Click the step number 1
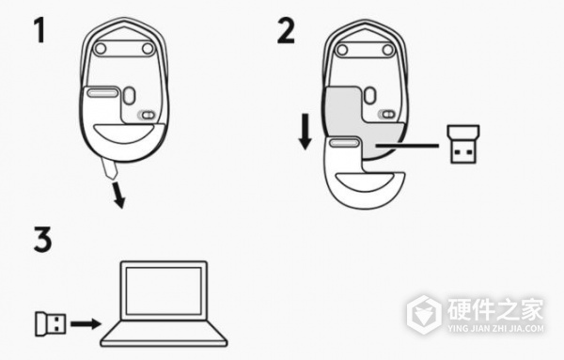click(x=39, y=31)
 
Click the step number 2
click(x=286, y=31)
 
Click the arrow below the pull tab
click(x=118, y=196)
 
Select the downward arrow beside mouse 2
click(x=305, y=132)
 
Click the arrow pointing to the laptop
click(x=86, y=323)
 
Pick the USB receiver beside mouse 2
click(x=462, y=144)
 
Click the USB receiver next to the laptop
click(x=51, y=323)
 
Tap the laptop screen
click(x=164, y=290)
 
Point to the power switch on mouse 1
click(x=147, y=115)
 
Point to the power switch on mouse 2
click(x=387, y=115)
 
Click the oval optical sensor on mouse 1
click(x=129, y=96)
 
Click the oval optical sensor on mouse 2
click(x=369, y=95)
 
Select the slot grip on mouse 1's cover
click(x=103, y=93)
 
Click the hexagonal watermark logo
click(x=425, y=314)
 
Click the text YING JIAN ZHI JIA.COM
click(x=496, y=328)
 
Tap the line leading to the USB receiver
click(x=406, y=146)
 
